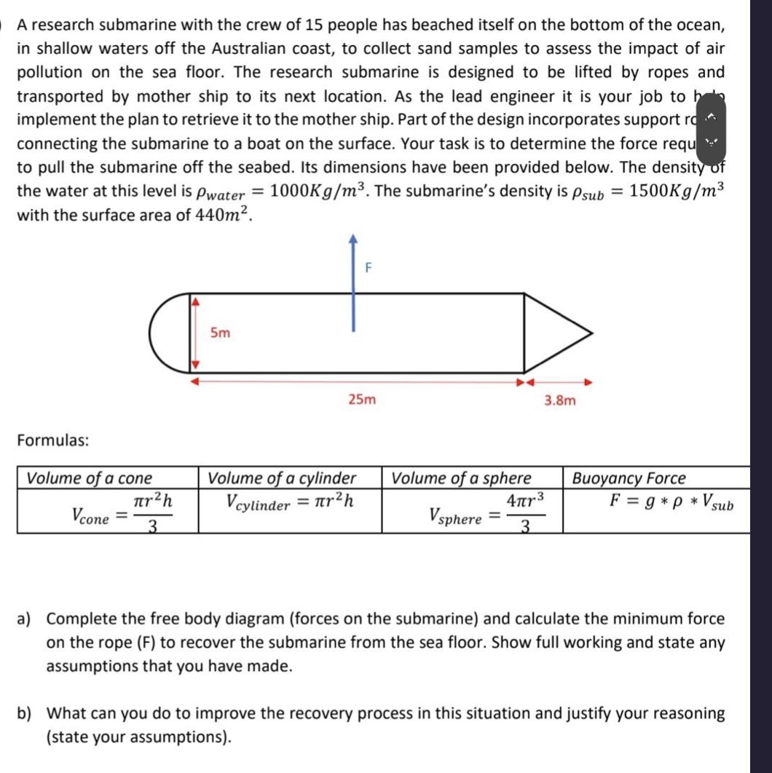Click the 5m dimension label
pyautogui.click(x=220, y=333)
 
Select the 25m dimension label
pyautogui.click(x=362, y=400)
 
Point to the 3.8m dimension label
pyautogui.click(x=560, y=400)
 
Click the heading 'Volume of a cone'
pyautogui.click(x=90, y=478)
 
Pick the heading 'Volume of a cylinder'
pyautogui.click(x=282, y=478)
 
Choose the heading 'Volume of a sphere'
pyautogui.click(x=462, y=478)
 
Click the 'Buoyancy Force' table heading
pyautogui.click(x=629, y=478)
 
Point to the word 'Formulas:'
pyautogui.click(x=53, y=440)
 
